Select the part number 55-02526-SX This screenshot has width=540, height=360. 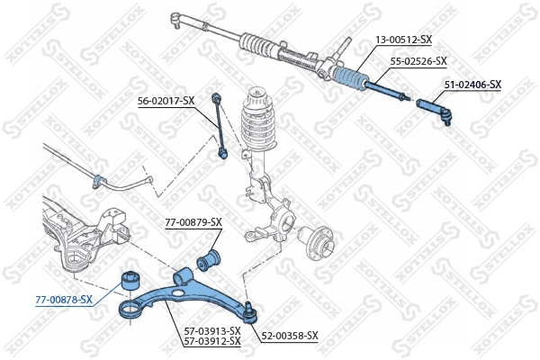tap(418, 61)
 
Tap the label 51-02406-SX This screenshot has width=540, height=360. tap(472, 85)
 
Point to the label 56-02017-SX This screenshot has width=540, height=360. tap(165, 100)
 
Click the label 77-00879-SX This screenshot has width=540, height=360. tap(193, 221)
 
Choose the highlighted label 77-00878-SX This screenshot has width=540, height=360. tap(63, 299)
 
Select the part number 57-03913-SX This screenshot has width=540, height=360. tap(211, 331)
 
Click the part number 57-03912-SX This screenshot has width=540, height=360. tap(211, 341)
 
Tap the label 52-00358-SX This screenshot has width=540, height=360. tap(290, 336)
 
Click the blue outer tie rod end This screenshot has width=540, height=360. tap(438, 110)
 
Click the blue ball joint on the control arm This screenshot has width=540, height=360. tap(254, 311)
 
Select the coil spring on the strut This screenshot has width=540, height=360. tap(261, 127)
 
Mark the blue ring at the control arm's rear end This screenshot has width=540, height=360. tap(130, 310)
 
